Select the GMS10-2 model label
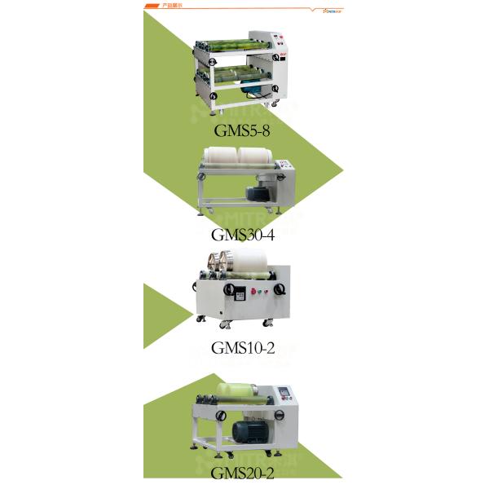pos(242,348)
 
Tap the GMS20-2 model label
pos(242,473)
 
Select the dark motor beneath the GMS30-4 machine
pos(260,192)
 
